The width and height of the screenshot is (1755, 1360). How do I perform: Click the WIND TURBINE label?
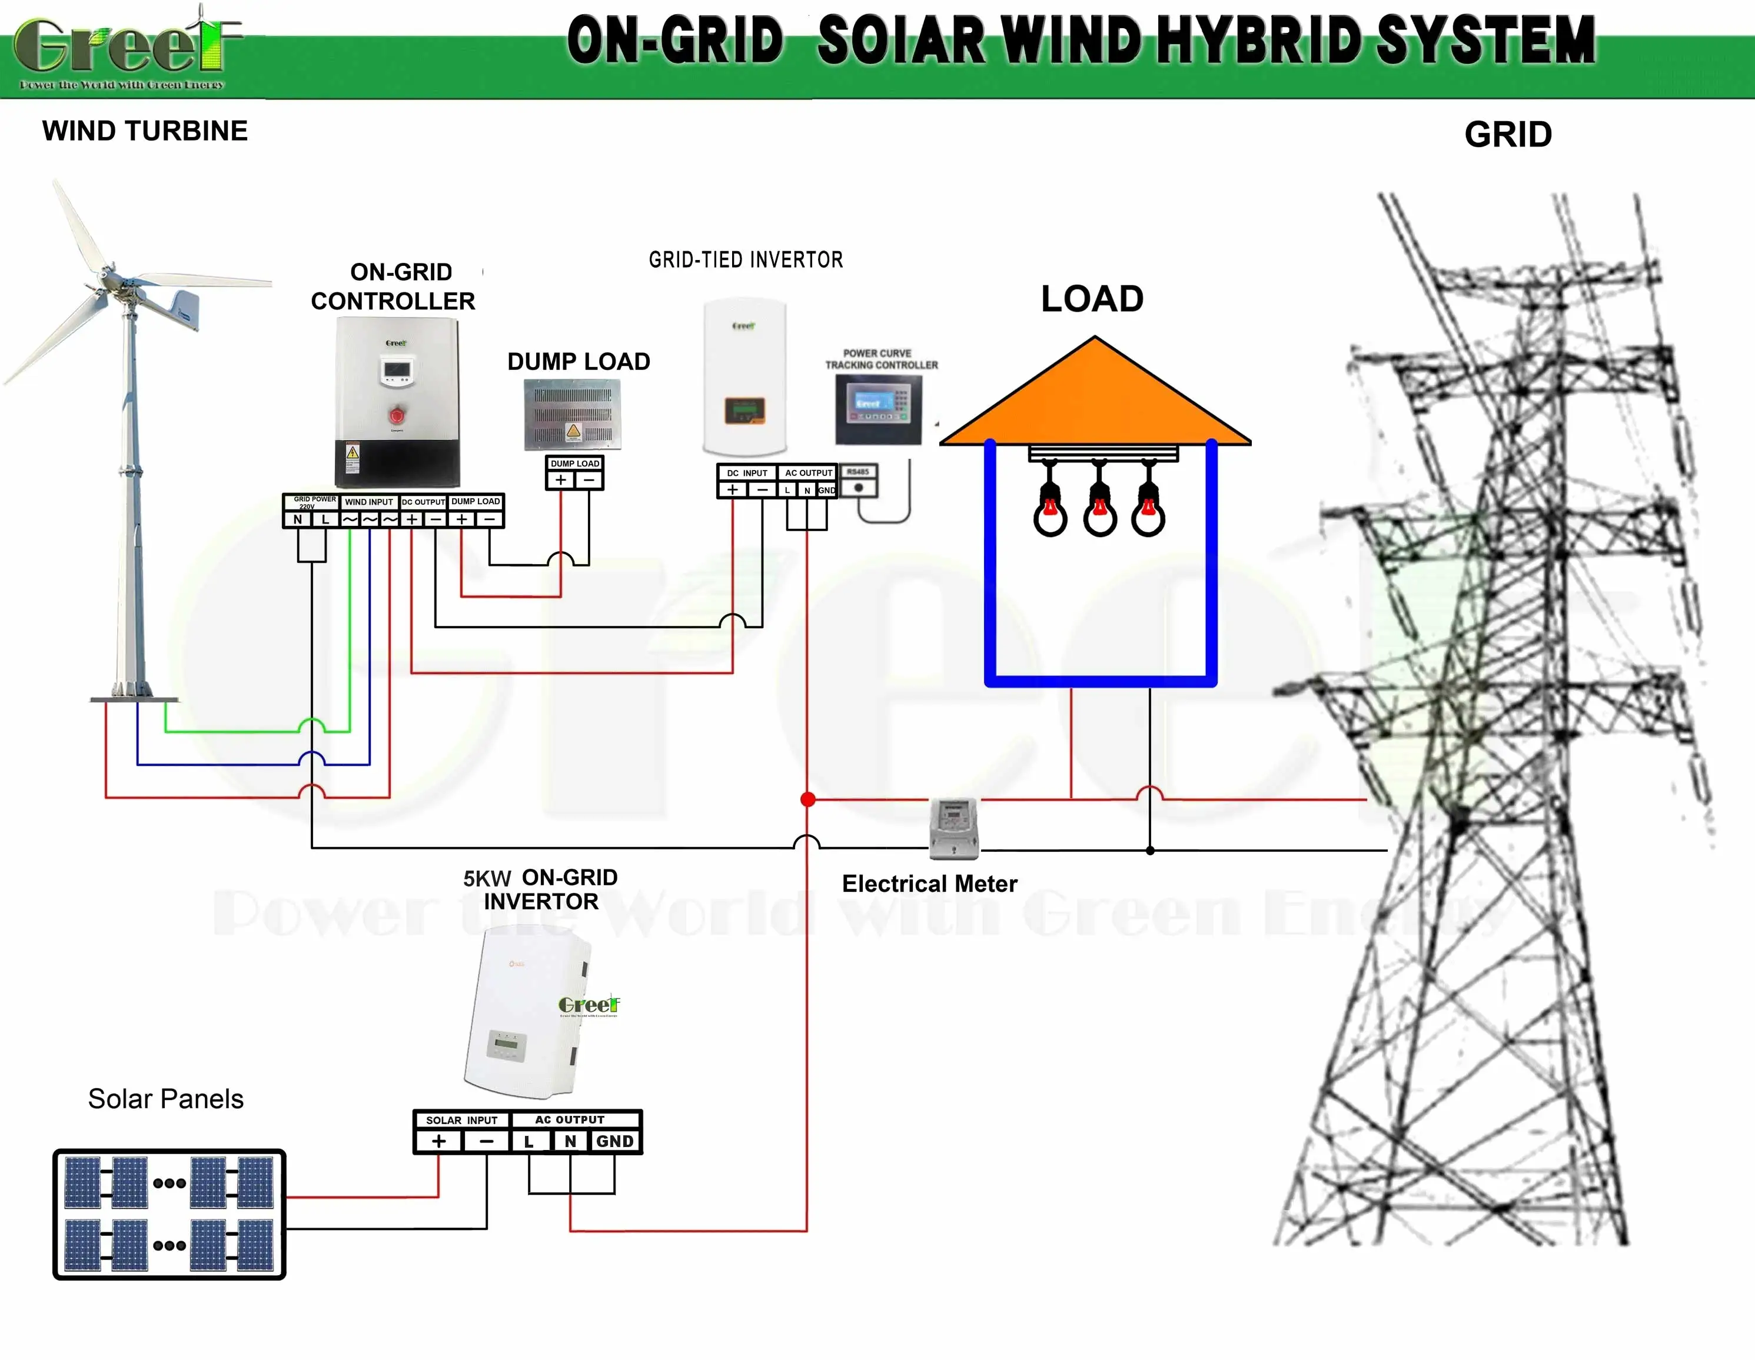click(x=145, y=131)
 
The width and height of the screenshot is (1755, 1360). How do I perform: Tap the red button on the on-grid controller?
click(x=397, y=415)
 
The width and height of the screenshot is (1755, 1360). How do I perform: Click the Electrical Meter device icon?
click(x=954, y=828)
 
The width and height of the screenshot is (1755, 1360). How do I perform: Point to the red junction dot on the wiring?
click(x=807, y=799)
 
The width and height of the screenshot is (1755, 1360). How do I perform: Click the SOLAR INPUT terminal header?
click(x=461, y=1120)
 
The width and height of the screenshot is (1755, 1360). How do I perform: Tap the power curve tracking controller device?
click(x=878, y=409)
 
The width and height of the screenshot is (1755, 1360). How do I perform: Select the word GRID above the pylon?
click(x=1507, y=134)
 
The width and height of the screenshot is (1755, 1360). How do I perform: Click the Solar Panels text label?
click(x=165, y=1099)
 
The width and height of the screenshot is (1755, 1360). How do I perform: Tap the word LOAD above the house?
click(x=1092, y=299)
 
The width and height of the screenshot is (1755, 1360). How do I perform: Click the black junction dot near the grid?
click(x=1150, y=850)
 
